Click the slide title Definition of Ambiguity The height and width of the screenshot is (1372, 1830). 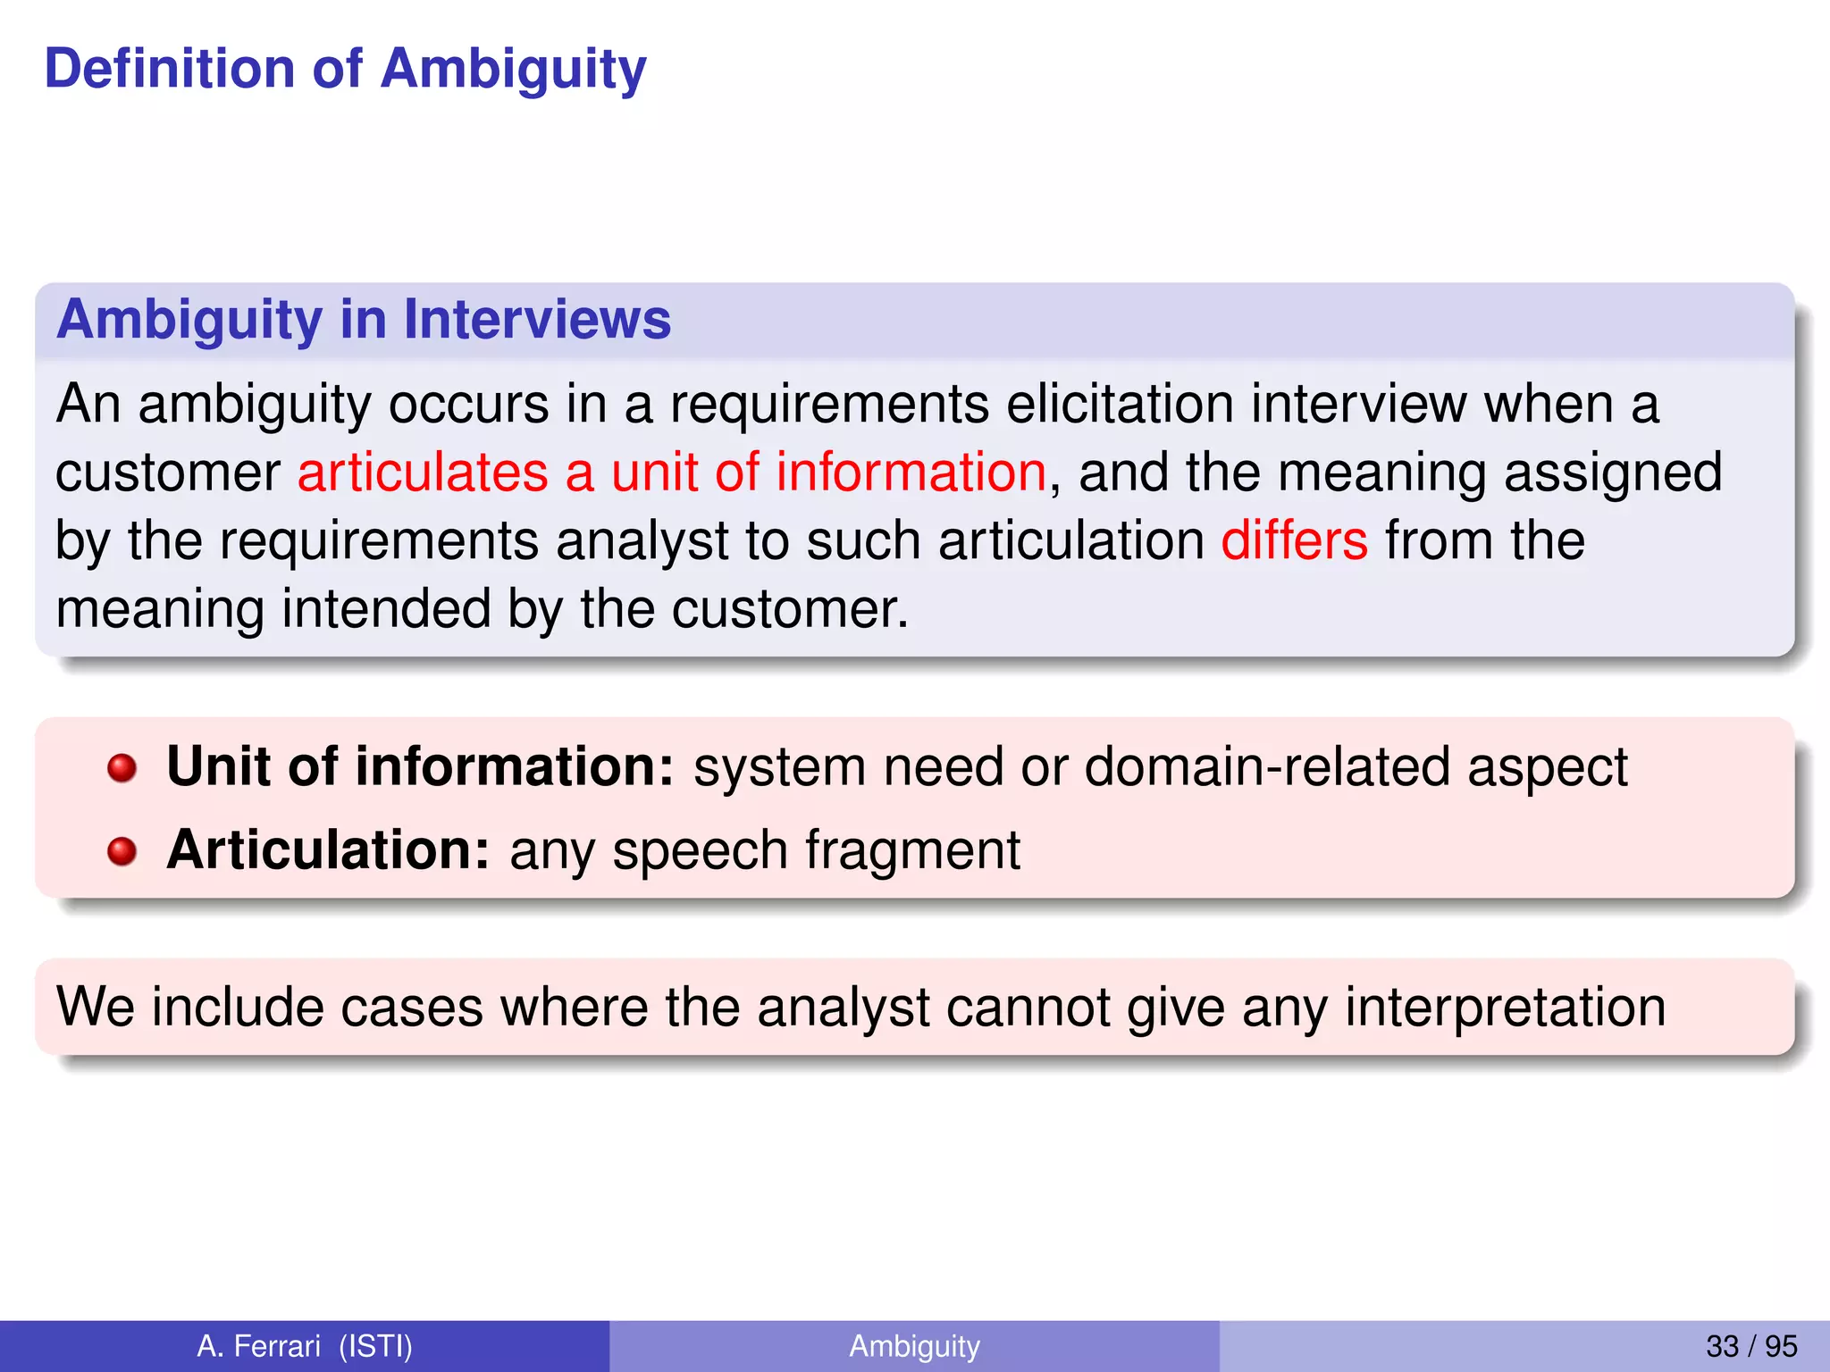345,70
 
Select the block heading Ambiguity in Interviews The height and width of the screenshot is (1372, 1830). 363,320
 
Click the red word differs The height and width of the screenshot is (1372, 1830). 1294,540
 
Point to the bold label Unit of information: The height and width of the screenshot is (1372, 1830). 420,766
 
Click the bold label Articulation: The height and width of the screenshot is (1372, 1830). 328,849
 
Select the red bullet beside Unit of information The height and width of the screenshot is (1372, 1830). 122,768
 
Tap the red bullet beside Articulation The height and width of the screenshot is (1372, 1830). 122,851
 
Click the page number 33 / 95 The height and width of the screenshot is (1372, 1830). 1750,1345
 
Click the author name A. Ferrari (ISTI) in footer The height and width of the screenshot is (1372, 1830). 305,1345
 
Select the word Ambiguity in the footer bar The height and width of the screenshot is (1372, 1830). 914,1345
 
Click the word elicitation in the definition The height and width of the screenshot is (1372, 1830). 1120,404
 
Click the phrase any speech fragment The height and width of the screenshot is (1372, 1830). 765,849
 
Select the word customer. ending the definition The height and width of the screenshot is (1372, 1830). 789,609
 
